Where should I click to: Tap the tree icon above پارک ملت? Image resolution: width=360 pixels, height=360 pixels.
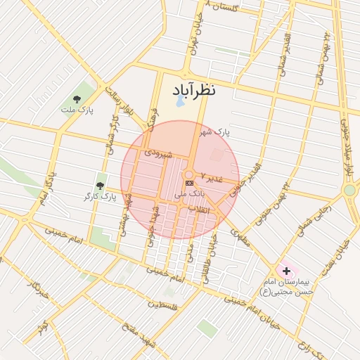(77, 99)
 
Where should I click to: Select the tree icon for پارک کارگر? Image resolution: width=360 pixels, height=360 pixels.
(101, 185)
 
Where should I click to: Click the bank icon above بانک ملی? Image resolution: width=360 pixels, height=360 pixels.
(189, 183)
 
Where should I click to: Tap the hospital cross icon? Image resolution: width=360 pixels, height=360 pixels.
(286, 271)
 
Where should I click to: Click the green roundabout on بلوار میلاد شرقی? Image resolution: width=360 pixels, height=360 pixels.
(349, 190)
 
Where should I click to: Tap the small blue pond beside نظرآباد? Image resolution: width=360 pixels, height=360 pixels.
(180, 102)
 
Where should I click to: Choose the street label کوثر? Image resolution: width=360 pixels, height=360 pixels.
(44, 327)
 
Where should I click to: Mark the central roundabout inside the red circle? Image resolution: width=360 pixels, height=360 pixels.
(188, 174)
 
